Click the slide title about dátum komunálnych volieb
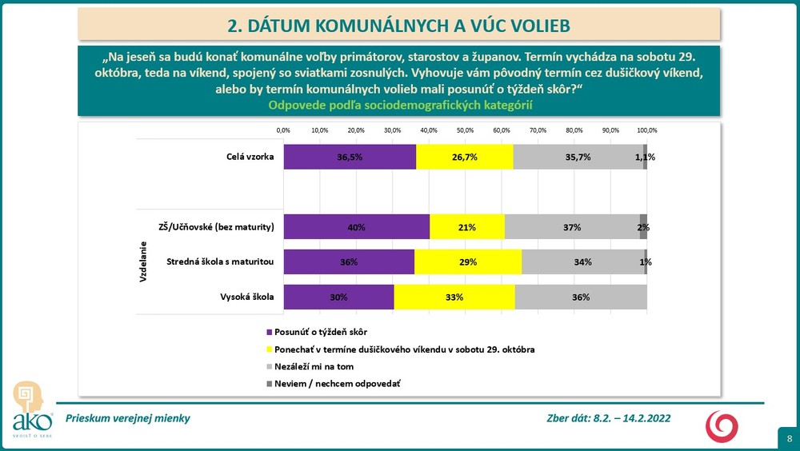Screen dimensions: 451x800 398,26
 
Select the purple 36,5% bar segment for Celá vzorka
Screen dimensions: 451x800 350,157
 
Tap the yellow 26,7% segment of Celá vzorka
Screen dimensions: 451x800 464,157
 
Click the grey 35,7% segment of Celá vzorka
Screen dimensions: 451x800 578,157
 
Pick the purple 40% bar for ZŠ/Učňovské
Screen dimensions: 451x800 356,227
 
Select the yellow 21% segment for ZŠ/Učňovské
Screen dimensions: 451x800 467,227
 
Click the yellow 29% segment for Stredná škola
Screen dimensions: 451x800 468,261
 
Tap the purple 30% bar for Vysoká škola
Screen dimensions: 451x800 338,297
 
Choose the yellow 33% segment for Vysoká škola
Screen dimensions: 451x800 454,297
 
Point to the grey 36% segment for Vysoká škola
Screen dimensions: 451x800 581,297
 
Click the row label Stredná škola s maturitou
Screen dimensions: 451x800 220,261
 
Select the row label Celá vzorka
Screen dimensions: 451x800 250,157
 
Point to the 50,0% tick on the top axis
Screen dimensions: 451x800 465,130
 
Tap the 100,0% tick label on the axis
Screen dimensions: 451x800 646,130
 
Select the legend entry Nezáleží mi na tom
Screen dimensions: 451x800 314,366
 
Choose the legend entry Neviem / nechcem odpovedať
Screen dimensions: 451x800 337,384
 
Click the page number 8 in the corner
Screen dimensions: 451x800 790,439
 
